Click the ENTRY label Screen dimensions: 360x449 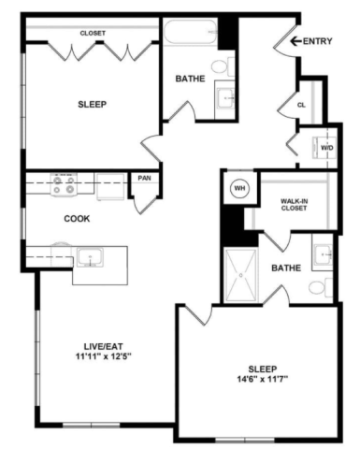tap(317, 41)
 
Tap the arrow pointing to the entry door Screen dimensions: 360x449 tap(295, 41)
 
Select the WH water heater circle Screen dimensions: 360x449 tap(239, 188)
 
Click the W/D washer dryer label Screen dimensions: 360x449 tap(327, 148)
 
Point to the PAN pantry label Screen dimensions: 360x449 tap(144, 178)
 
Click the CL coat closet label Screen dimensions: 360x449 tap(301, 105)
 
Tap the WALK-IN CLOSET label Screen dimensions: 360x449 tap(294, 205)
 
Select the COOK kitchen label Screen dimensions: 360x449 tap(77, 219)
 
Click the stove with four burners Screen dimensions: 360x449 tap(64, 184)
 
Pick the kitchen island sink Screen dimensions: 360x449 tap(90, 257)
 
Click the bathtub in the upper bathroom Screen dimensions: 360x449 tap(190, 32)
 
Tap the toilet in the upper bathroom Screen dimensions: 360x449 tap(223, 66)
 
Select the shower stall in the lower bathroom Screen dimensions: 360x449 tap(241, 275)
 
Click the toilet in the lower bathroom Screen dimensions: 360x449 tap(321, 287)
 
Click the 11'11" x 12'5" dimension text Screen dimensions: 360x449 tap(103, 356)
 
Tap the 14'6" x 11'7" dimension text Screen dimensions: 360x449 tap(263, 380)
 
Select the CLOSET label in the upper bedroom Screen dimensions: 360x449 tap(93, 33)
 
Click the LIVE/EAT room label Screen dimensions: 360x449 tap(103, 346)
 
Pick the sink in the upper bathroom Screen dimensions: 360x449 tap(225, 98)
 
